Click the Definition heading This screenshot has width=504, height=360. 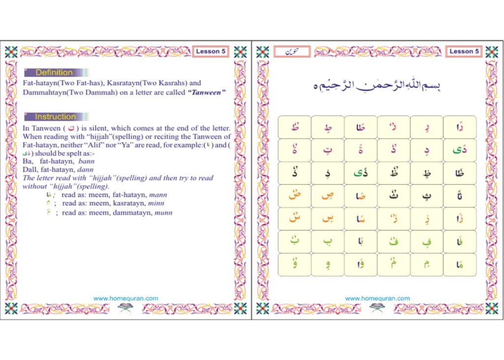tap(54, 72)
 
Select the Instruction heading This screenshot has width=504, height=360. tap(55, 117)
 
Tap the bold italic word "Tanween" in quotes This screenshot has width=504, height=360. tap(203, 92)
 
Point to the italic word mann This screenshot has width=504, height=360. tap(158, 195)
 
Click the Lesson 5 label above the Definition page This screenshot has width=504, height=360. tap(210, 51)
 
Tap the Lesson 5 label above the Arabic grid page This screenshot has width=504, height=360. tap(464, 51)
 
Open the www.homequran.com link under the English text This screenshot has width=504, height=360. tap(126, 298)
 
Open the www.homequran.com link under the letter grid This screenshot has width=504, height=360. tap(378, 298)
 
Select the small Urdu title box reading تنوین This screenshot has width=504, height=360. tap(292, 51)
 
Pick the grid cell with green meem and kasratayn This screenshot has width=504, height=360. tap(426, 265)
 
